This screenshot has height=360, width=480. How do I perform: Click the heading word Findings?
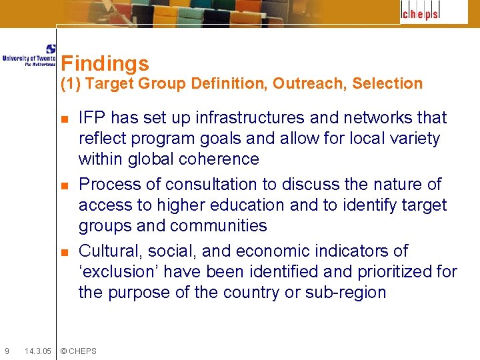105,64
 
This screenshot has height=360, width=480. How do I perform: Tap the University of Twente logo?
29,55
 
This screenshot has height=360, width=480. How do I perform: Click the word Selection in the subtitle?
387,84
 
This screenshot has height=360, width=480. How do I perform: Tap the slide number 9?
7,351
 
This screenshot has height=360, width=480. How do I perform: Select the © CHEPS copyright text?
79,351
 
